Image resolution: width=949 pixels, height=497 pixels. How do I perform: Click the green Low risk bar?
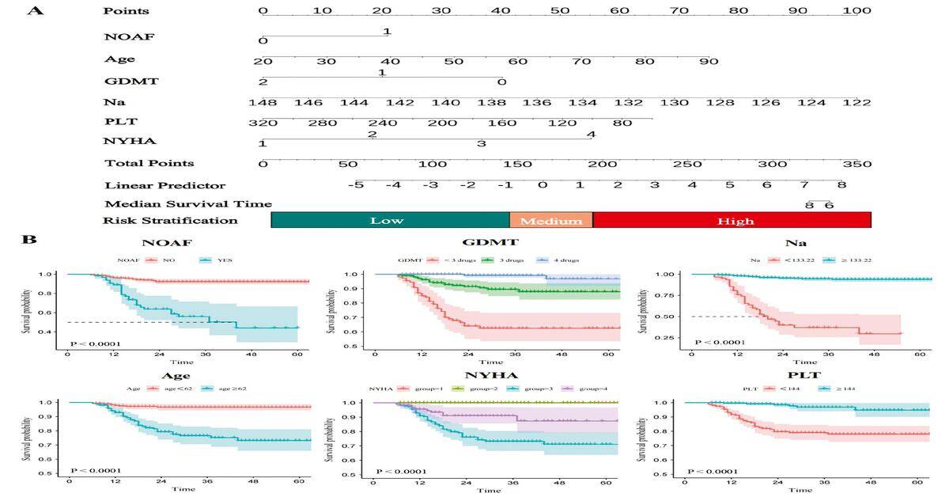(x=390, y=221)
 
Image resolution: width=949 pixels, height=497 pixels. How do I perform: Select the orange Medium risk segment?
(x=550, y=221)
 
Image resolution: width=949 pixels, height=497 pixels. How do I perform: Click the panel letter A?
(x=35, y=11)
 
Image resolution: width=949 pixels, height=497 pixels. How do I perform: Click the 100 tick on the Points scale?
(x=856, y=11)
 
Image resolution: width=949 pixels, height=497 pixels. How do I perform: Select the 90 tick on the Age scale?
(x=708, y=62)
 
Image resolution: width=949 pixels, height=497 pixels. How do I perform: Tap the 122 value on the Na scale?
(x=856, y=103)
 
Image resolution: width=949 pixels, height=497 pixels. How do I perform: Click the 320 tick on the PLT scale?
(x=263, y=123)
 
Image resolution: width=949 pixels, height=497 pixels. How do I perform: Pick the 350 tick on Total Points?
(x=856, y=164)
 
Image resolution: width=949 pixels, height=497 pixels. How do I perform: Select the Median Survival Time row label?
(x=188, y=204)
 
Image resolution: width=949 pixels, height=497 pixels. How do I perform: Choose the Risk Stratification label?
(x=172, y=221)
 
